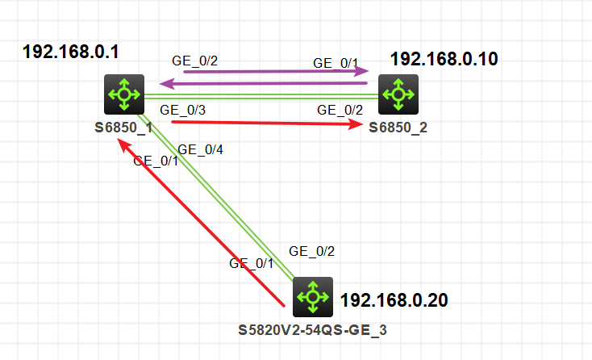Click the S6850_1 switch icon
pyautogui.click(x=124, y=94)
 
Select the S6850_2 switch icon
pyautogui.click(x=398, y=94)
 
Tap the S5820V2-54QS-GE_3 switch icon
pyautogui.click(x=312, y=297)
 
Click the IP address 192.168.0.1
pyautogui.click(x=71, y=52)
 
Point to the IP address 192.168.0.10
pyautogui.click(x=444, y=59)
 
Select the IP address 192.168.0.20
pyautogui.click(x=394, y=300)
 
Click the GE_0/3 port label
pyautogui.click(x=182, y=110)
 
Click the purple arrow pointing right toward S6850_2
pyautogui.click(x=274, y=72)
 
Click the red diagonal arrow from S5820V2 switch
pyautogui.click(x=202, y=224)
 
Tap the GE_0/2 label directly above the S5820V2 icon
pyautogui.click(x=311, y=251)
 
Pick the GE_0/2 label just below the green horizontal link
pyautogui.click(x=340, y=110)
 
